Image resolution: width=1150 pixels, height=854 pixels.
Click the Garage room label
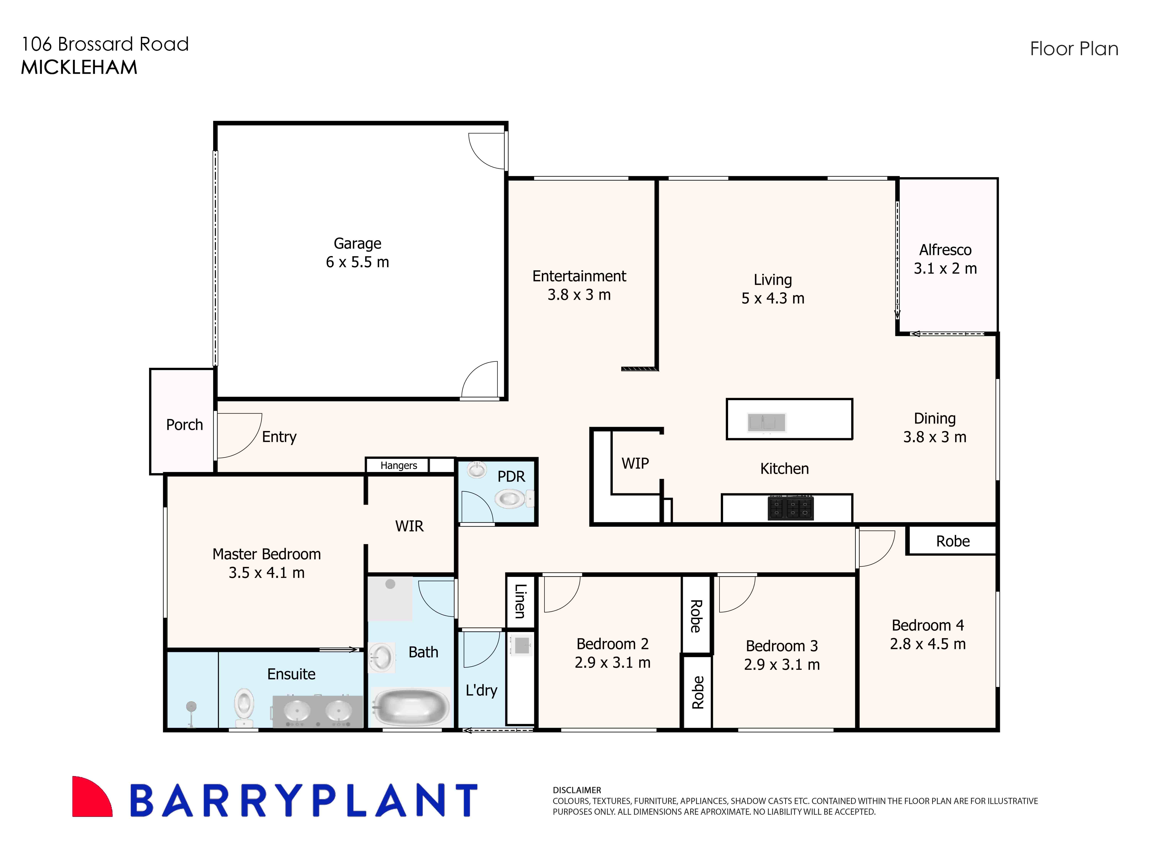pyautogui.click(x=357, y=243)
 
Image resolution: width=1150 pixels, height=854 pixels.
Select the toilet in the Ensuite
pyautogui.click(x=244, y=706)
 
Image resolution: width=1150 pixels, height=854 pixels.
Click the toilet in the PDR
pyautogui.click(x=511, y=499)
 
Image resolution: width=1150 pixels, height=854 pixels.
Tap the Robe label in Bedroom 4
pyautogui.click(x=953, y=541)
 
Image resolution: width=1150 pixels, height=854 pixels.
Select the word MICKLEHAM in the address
pyautogui.click(x=79, y=68)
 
